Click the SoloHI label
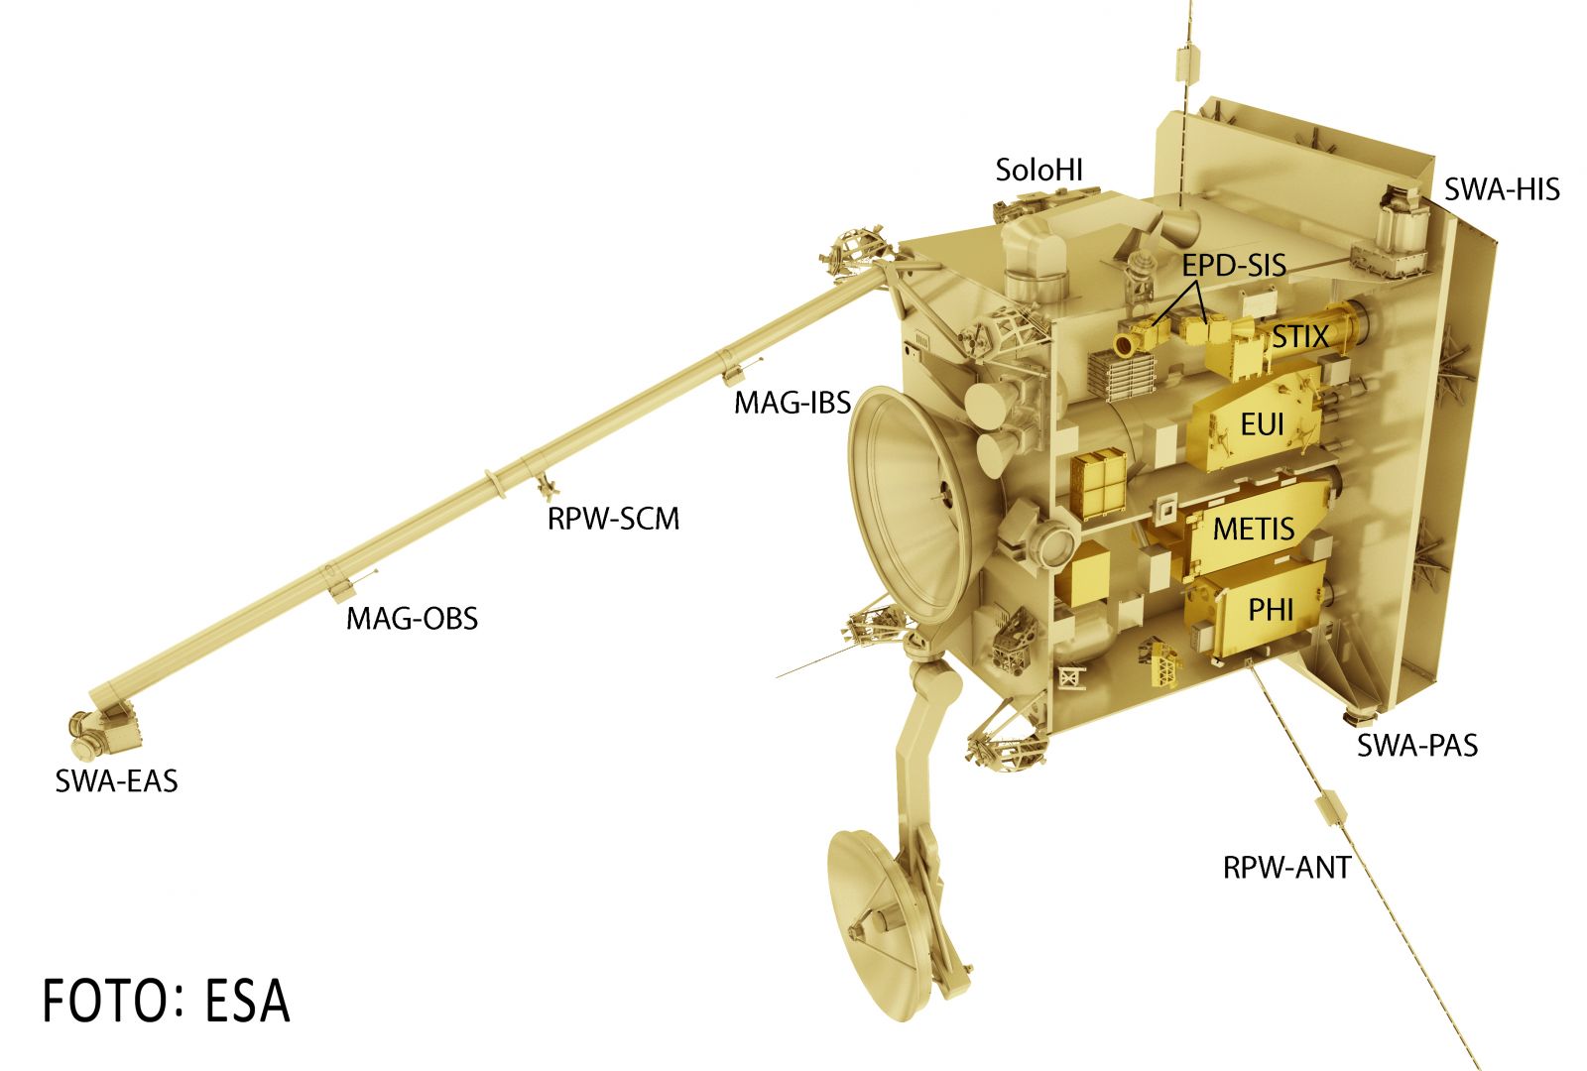(1038, 170)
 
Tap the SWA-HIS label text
(1502, 189)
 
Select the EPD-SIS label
(1234, 266)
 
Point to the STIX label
(1300, 336)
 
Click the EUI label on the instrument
(1262, 424)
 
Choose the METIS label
(1254, 530)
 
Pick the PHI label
(1271, 610)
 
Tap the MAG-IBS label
(793, 403)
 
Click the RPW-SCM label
(614, 520)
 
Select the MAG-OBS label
(412, 619)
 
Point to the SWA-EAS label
(116, 781)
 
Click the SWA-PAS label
(1417, 745)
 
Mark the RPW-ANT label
(1286, 868)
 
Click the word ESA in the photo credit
(247, 1001)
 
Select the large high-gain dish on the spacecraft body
(913, 503)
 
